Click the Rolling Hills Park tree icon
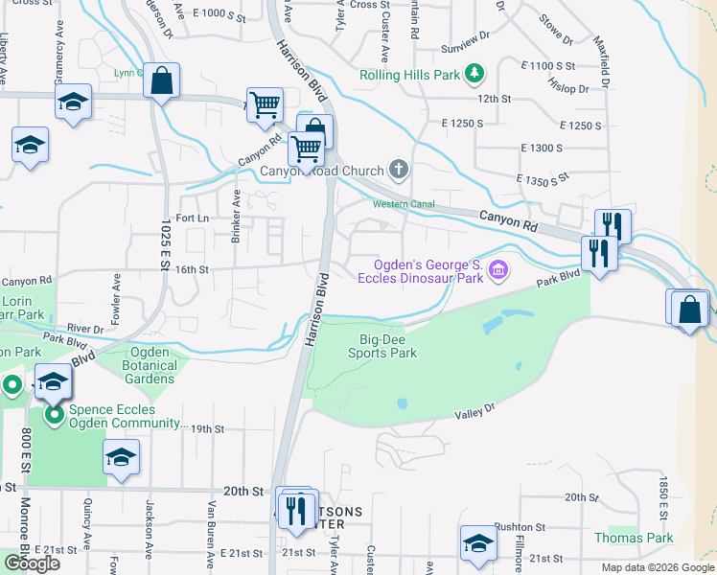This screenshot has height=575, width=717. [474, 74]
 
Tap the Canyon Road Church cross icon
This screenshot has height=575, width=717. [400, 172]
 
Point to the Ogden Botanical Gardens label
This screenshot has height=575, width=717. [150, 365]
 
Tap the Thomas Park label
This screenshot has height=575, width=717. [634, 539]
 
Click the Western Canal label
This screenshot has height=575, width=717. [404, 204]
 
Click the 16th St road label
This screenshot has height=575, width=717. [192, 270]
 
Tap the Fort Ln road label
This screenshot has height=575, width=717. [192, 218]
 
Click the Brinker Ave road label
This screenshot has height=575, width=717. [236, 216]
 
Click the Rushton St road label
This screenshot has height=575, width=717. [520, 527]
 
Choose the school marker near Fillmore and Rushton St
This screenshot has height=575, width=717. [478, 542]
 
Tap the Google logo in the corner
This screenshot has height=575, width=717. [32, 563]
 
